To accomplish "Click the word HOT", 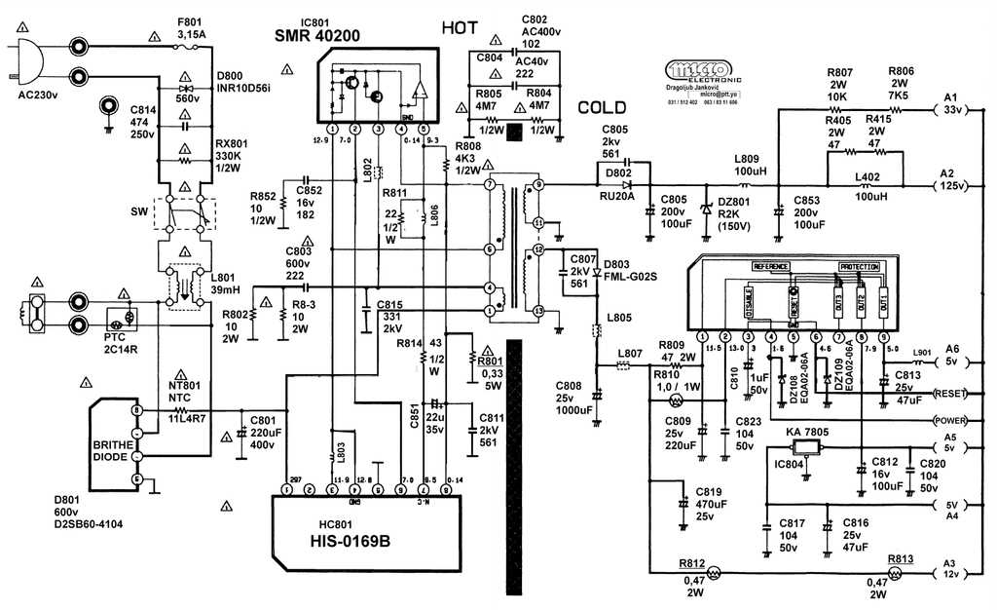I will [460, 27].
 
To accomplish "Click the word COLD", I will [603, 108].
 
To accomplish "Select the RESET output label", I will [950, 394].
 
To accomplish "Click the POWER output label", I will [950, 421].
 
